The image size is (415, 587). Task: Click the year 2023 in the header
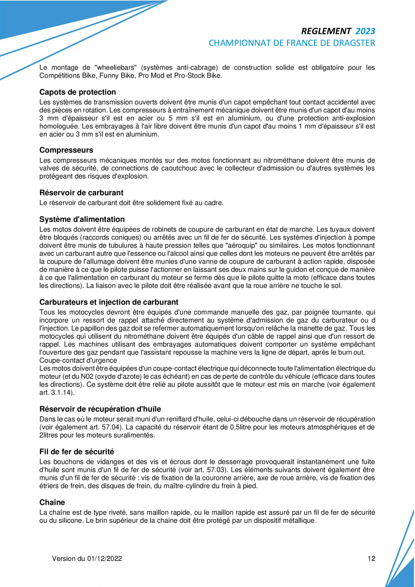coord(365,31)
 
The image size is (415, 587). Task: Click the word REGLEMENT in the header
coord(326,31)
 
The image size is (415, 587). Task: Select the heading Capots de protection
coord(78,92)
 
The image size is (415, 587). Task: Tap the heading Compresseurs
coord(66,149)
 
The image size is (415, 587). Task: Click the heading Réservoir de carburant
coord(82,193)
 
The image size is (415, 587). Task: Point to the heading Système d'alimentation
coord(82,219)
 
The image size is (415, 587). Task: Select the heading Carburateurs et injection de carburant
coord(109,302)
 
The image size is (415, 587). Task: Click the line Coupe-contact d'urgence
coord(78,360)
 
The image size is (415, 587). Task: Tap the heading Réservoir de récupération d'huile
coord(100,410)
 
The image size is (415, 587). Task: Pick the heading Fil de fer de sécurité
coord(77,452)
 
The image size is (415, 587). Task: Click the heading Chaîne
coord(52,502)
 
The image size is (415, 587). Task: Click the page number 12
coord(371,559)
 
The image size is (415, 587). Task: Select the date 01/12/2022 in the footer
coord(105,559)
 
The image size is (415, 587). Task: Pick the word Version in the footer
coord(64,559)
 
